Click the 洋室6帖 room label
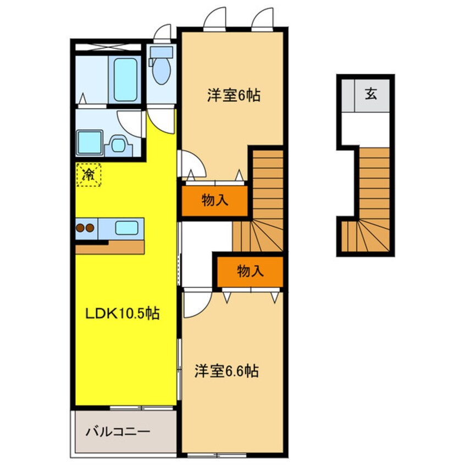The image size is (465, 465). tap(233, 96)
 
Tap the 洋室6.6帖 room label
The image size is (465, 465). tap(226, 371)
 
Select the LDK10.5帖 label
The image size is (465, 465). tap(122, 314)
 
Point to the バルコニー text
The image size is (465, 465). tap(118, 431)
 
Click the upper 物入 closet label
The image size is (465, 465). tap(214, 201)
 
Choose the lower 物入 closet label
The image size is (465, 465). tap(250, 271)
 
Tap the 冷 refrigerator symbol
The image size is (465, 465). tap(88, 175)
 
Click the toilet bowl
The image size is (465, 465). tap(161, 69)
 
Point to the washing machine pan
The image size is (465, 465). tap(88, 143)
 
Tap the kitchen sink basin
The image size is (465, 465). tap(126, 228)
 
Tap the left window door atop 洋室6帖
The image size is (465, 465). tap(215, 18)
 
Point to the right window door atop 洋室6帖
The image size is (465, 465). tap(263, 18)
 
